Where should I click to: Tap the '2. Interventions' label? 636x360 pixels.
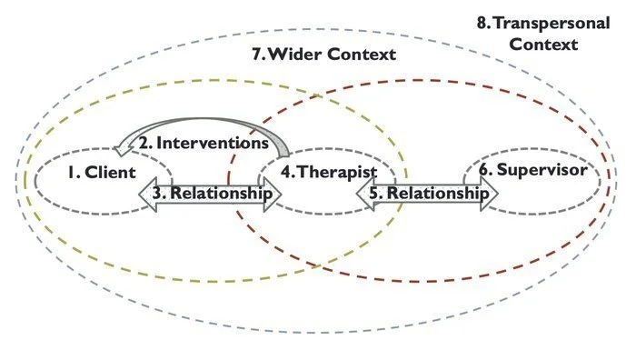point(204,144)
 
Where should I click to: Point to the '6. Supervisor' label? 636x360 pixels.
point(533,169)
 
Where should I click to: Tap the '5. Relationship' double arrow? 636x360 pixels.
point(426,193)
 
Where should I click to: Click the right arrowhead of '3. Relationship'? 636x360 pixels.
point(273,193)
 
